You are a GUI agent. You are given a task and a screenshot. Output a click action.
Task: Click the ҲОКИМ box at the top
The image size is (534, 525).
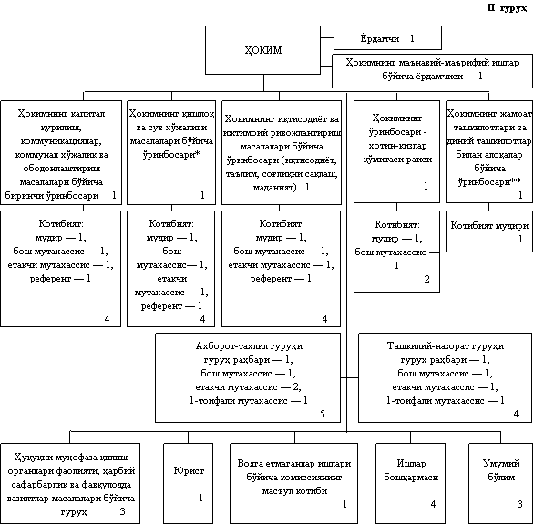coord(263,50)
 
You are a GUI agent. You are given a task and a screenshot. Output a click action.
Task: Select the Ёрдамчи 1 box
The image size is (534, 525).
coord(387,37)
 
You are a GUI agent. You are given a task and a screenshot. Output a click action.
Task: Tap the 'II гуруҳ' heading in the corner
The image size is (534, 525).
coord(507,8)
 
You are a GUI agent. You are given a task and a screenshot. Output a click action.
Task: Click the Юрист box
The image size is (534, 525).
coord(189,483)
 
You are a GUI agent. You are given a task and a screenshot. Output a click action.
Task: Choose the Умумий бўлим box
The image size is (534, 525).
coord(501,483)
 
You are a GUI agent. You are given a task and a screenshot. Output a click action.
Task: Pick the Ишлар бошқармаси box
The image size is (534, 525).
coord(410,483)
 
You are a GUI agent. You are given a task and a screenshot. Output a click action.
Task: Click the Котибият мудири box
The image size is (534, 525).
coord(489,232)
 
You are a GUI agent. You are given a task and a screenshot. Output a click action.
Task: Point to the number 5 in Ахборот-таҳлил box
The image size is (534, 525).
coord(323,414)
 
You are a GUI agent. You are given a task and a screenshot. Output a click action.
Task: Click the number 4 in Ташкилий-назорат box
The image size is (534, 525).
coord(517,414)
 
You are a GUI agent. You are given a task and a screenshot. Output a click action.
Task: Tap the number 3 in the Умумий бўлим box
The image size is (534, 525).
coord(519,504)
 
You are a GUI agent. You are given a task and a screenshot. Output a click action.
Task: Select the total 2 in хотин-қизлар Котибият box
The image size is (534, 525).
coord(426,279)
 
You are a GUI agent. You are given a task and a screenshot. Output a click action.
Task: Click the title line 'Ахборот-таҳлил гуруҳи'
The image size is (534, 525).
coord(249,346)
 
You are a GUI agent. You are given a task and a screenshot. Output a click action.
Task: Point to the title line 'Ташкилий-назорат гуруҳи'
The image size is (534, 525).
coord(446,346)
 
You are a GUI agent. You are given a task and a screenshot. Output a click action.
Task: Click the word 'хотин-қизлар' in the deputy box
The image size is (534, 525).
coord(397,146)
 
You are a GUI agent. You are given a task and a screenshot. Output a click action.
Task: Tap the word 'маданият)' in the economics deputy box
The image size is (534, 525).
coord(274,188)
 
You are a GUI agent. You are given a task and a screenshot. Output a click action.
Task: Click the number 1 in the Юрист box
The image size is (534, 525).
coord(200,498)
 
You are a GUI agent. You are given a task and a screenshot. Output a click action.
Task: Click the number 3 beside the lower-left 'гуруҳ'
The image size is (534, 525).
coord(123,511)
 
